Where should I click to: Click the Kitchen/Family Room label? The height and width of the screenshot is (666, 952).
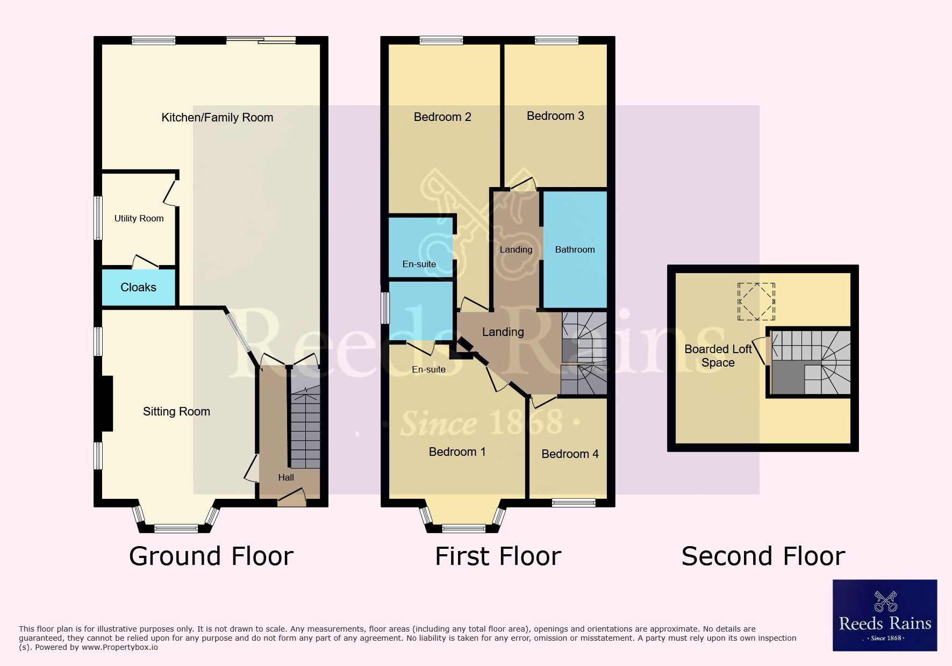[217, 118]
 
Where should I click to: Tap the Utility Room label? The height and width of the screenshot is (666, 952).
[139, 218]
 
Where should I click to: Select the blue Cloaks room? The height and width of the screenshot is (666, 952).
[139, 288]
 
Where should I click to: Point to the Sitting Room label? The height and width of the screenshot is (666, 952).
[176, 412]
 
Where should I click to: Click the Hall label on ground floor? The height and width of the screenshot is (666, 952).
[286, 477]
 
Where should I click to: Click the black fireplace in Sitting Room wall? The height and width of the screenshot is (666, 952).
[106, 403]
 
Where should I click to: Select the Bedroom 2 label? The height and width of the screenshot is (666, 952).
[442, 117]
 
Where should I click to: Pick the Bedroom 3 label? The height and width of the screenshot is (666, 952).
[555, 116]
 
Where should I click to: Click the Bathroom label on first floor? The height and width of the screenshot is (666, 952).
[575, 249]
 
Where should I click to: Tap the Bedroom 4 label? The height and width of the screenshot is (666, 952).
[570, 454]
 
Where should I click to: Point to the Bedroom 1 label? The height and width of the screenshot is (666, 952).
[457, 452]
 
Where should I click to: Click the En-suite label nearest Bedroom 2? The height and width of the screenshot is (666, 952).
[419, 264]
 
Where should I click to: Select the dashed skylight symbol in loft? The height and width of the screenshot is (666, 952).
[756, 302]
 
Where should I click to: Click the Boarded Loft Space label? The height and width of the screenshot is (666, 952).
[718, 356]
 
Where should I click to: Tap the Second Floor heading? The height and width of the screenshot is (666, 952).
[763, 556]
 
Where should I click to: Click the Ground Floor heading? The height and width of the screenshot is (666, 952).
[211, 556]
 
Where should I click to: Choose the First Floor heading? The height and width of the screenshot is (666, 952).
[498, 556]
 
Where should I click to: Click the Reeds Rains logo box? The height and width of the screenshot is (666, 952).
[885, 615]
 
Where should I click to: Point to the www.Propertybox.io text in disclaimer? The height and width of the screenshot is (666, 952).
[120, 647]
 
